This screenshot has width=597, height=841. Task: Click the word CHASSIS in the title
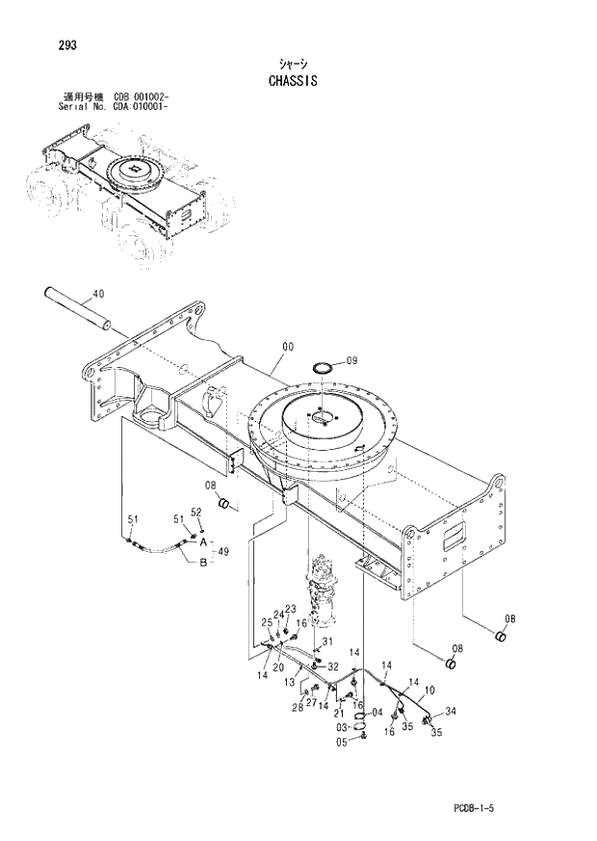[x=295, y=82]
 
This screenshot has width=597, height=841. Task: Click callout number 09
[x=350, y=360]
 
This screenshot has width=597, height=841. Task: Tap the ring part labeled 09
[x=324, y=367]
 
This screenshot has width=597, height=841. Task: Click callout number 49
[x=221, y=552]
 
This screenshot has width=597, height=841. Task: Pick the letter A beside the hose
[x=202, y=542]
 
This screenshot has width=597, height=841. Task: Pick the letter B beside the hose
[x=202, y=563]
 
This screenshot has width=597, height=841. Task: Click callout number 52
[x=195, y=512]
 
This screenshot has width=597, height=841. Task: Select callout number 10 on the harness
[x=428, y=690]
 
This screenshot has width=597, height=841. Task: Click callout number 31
[x=327, y=643]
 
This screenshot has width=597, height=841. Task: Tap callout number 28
[x=298, y=707]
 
